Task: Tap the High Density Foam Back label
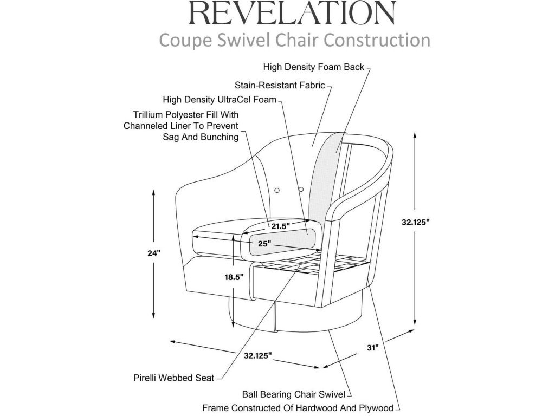click(x=313, y=68)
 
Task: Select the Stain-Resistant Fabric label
click(x=280, y=85)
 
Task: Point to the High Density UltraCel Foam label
click(x=220, y=100)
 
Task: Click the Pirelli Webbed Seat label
click(x=174, y=378)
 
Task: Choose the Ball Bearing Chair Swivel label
click(x=293, y=394)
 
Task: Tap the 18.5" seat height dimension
click(x=234, y=276)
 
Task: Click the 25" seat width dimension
click(x=264, y=244)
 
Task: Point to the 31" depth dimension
click(x=372, y=348)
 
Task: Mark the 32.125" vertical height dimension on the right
click(x=416, y=223)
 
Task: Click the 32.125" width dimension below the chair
click(x=257, y=355)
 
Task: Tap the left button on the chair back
click(x=277, y=190)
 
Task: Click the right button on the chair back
click(x=301, y=190)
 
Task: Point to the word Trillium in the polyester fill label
click(x=149, y=115)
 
